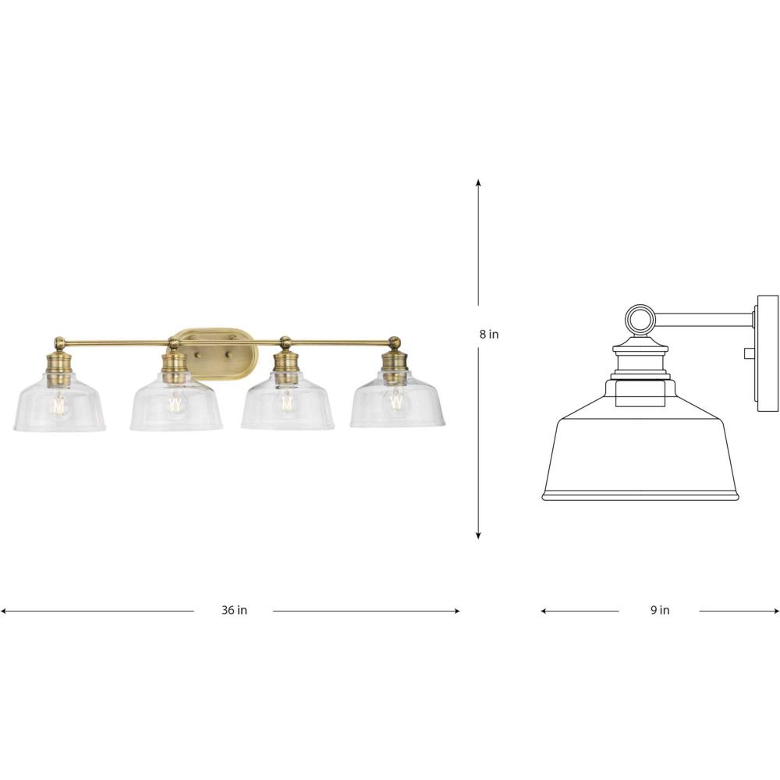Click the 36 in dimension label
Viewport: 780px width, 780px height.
pos(234,610)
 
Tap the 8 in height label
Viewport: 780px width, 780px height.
pos(489,335)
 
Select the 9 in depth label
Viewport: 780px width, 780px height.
pos(660,610)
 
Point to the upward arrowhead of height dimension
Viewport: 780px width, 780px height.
pos(479,182)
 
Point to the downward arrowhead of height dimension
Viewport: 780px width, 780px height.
pos(479,536)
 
